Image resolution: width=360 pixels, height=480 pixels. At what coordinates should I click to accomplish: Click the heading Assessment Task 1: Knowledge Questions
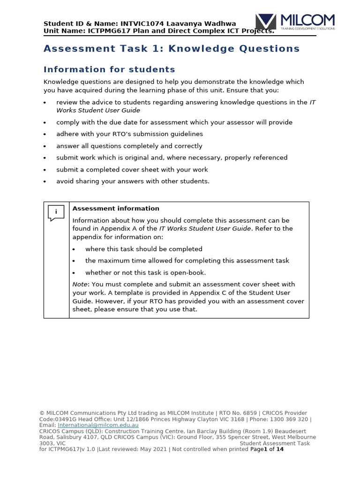click(x=172, y=49)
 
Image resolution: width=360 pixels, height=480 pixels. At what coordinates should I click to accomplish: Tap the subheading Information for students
click(x=109, y=70)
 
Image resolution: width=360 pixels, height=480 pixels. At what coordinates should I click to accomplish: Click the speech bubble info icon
click(x=56, y=213)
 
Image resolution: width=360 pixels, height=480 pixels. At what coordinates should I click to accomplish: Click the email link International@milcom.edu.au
click(x=98, y=425)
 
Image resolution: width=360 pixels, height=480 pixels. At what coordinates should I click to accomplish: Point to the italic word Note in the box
click(x=80, y=284)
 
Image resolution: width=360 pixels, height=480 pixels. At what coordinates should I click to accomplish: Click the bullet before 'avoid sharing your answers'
click(x=45, y=182)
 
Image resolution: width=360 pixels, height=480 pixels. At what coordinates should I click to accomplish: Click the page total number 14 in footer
click(x=280, y=449)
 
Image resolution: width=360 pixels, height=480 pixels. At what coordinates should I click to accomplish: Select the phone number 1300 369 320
click(x=288, y=419)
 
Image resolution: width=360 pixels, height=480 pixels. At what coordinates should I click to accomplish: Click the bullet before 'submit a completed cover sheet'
click(x=45, y=170)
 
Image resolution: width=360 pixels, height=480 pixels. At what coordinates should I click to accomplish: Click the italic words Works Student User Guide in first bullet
click(x=98, y=111)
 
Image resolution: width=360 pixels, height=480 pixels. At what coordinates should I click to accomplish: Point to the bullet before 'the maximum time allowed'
click(x=74, y=261)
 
